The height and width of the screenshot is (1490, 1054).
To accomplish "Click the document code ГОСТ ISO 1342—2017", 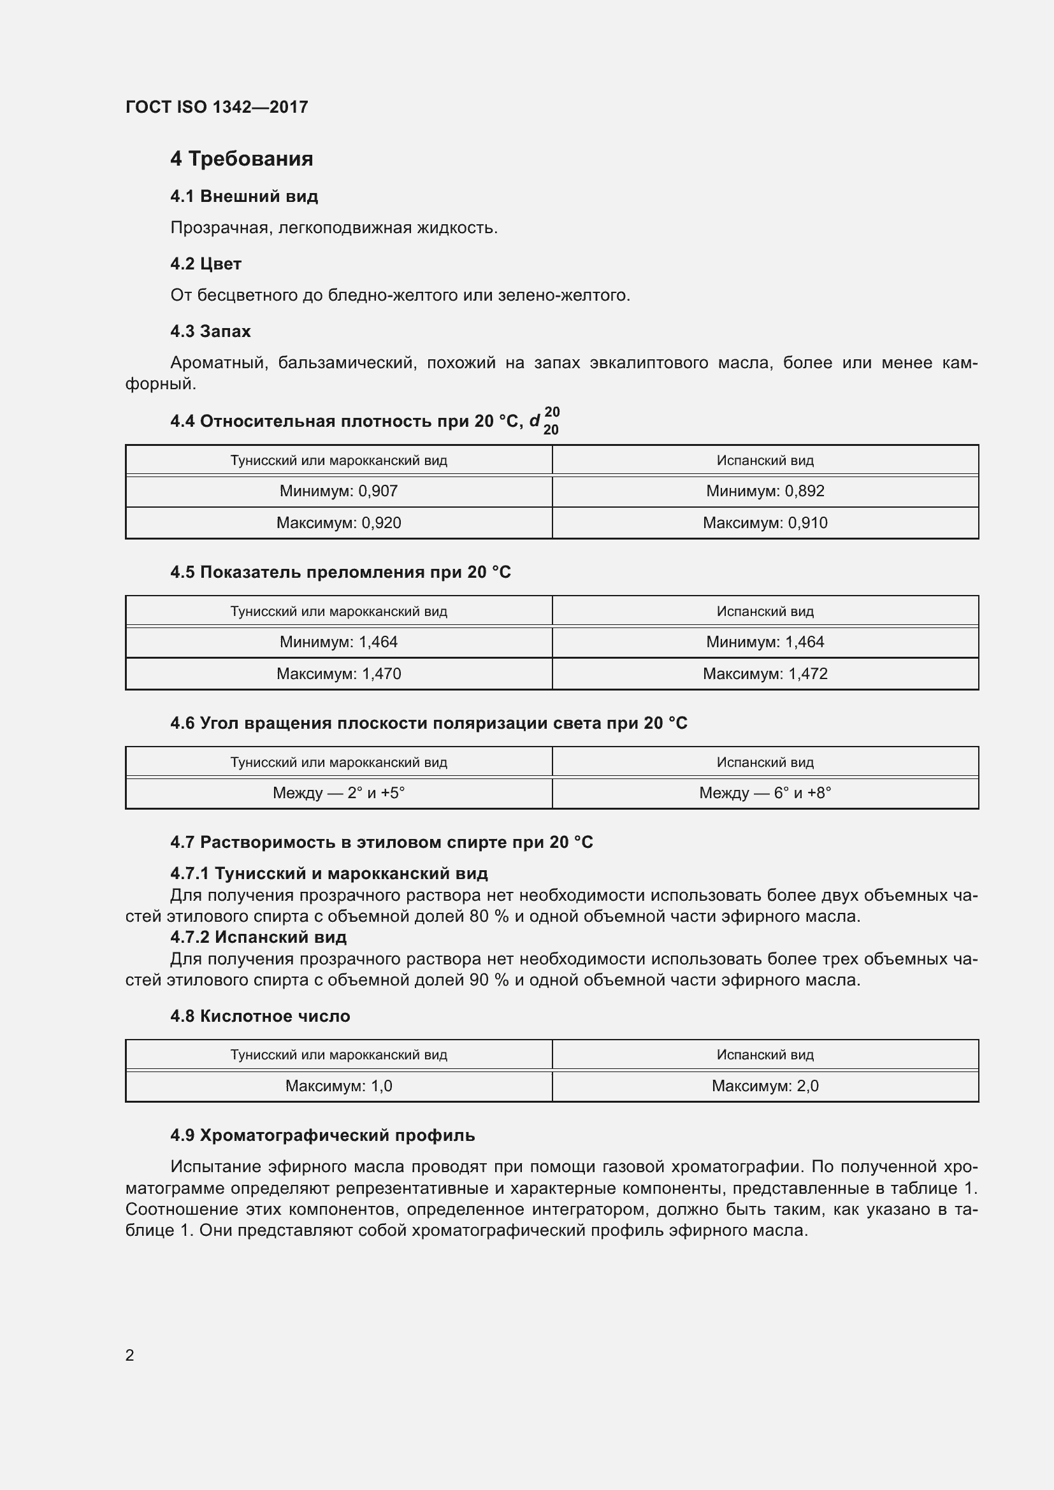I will pyautogui.click(x=216, y=107).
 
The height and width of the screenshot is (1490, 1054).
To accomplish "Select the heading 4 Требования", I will pyautogui.click(x=242, y=159).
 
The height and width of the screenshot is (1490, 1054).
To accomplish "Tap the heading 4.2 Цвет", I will pyautogui.click(x=206, y=264).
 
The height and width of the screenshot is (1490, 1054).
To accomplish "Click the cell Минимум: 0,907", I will pyautogui.click(x=338, y=491).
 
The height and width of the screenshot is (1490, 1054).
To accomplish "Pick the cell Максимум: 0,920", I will pyautogui.click(x=338, y=523).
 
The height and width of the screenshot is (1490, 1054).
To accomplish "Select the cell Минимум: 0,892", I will pyautogui.click(x=765, y=491).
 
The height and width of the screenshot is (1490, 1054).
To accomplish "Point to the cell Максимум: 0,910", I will pyautogui.click(x=765, y=523).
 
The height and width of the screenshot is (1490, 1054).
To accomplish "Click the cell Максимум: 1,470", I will pyautogui.click(x=338, y=673).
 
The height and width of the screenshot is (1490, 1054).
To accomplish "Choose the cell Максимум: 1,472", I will pyautogui.click(x=765, y=673).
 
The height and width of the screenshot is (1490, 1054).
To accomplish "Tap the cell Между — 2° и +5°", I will pyautogui.click(x=338, y=793).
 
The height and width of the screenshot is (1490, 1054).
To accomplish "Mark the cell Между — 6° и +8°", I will pyautogui.click(x=765, y=793).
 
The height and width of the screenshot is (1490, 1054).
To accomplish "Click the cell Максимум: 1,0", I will pyautogui.click(x=338, y=1086).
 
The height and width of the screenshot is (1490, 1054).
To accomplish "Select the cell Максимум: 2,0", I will pyautogui.click(x=765, y=1086).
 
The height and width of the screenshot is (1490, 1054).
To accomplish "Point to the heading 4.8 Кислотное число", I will pyautogui.click(x=259, y=1016).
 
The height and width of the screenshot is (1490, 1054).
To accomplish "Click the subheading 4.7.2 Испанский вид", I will pyautogui.click(x=258, y=937).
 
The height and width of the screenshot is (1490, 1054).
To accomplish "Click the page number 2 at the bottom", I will pyautogui.click(x=130, y=1355).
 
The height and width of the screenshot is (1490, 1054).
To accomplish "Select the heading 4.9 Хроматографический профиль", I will pyautogui.click(x=322, y=1136).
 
